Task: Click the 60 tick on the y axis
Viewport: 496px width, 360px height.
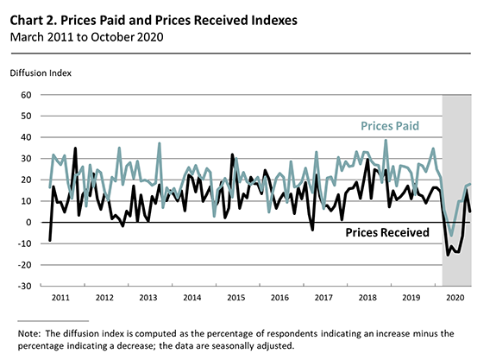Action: (x=25, y=95)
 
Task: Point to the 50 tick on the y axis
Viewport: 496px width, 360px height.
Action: (x=25, y=116)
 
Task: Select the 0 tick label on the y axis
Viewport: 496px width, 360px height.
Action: (x=28, y=222)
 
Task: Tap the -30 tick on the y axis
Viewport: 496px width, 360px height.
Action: (x=23, y=286)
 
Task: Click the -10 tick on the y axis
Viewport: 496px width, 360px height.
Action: (x=23, y=243)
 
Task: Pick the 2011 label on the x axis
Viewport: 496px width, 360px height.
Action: (x=60, y=298)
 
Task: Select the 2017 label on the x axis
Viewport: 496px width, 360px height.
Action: (x=323, y=298)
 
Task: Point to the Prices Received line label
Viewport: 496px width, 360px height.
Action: (x=387, y=232)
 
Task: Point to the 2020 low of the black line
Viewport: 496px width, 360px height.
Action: (x=448, y=256)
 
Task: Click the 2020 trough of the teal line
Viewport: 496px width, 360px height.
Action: (x=451, y=235)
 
